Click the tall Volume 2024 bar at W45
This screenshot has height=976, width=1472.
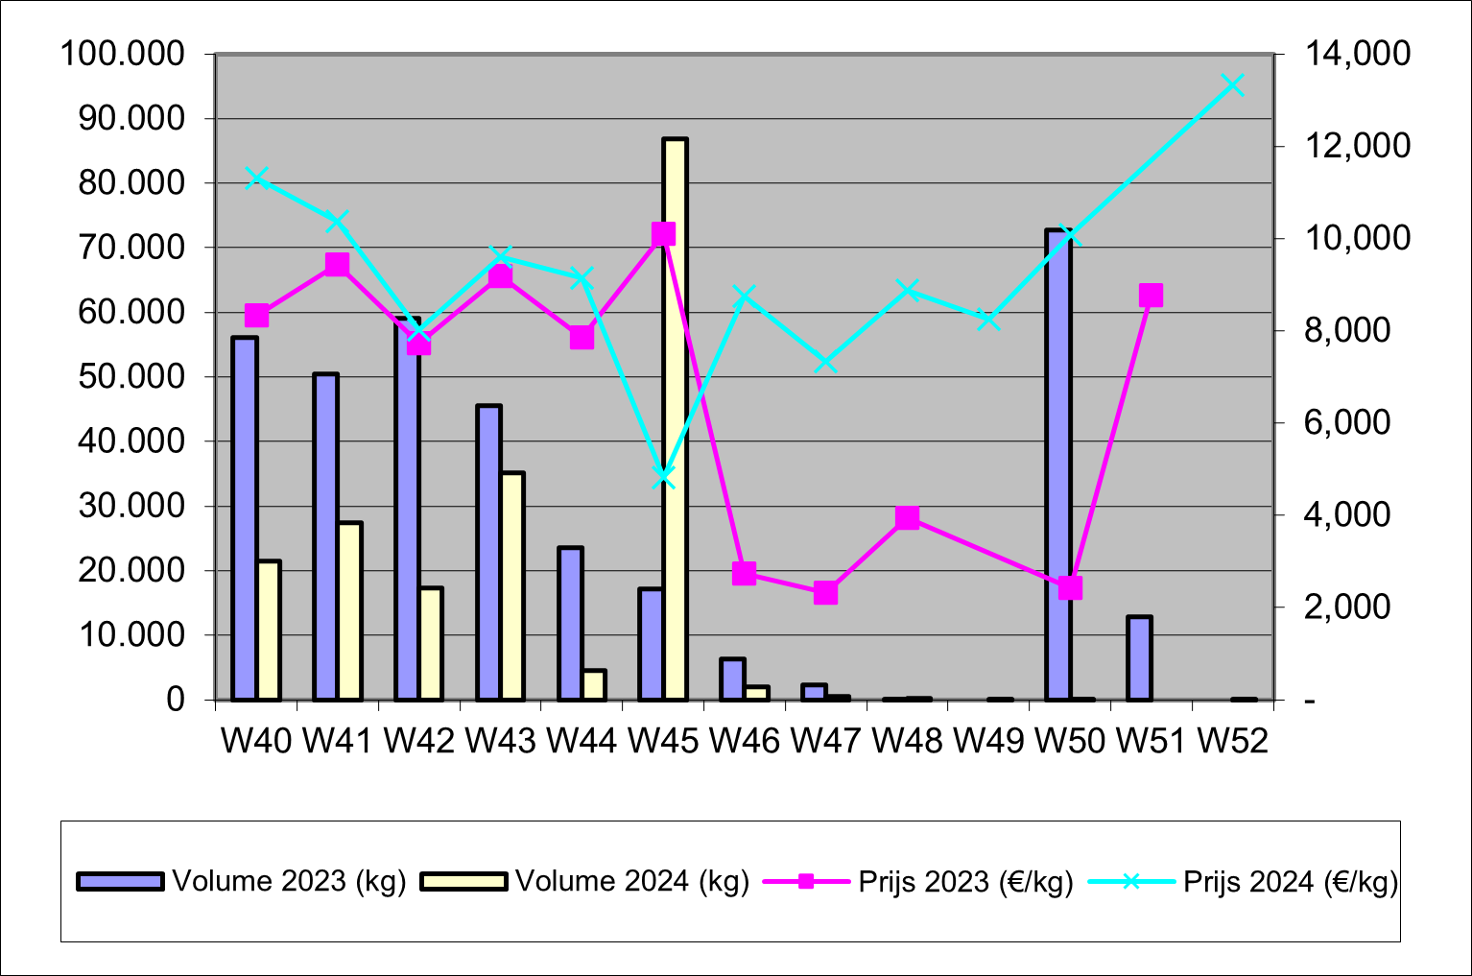[675, 419]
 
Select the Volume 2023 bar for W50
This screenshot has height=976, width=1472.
[1058, 465]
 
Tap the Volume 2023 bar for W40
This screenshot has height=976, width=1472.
[245, 518]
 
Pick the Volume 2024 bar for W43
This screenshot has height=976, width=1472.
[512, 585]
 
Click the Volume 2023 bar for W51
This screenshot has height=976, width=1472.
[1139, 658]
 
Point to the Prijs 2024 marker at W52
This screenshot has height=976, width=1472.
[1233, 85]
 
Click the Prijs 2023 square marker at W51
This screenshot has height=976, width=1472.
[1151, 296]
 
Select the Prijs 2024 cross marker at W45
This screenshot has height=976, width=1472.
[663, 477]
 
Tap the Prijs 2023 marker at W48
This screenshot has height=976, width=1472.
[907, 518]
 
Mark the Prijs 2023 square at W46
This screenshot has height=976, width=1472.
[745, 574]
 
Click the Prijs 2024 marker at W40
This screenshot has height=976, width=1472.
[256, 178]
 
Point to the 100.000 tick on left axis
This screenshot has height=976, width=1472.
[122, 54]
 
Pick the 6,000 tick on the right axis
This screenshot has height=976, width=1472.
[1346, 422]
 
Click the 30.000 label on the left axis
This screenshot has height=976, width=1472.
[131, 506]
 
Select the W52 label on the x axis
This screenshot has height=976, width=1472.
[1233, 740]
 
